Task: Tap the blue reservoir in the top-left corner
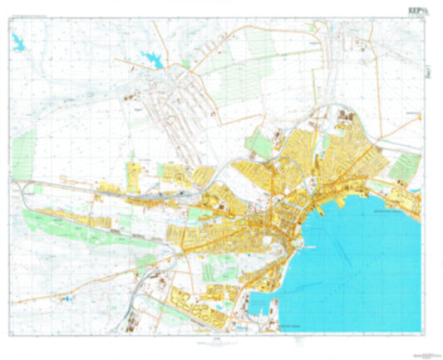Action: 17,42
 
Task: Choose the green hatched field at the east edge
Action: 402,167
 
